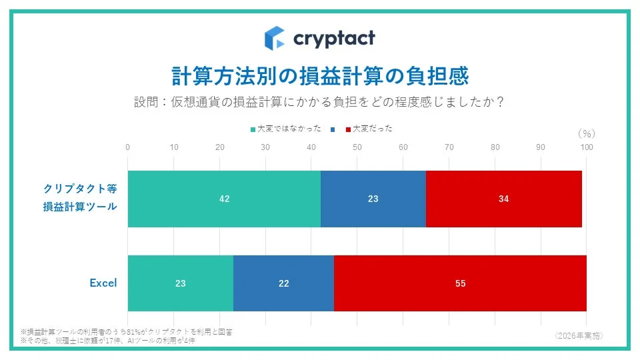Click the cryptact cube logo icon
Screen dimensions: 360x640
click(274, 38)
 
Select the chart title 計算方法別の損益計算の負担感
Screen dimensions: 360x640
click(320, 76)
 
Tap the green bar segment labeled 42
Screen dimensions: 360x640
click(224, 199)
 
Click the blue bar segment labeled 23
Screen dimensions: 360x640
click(373, 199)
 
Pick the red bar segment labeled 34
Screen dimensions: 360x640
click(503, 199)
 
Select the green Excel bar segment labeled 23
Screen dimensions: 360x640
click(180, 283)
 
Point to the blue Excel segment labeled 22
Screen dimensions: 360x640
click(283, 283)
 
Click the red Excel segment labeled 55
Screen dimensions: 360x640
click(460, 283)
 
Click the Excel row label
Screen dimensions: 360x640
click(103, 283)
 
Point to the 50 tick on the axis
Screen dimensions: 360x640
click(357, 147)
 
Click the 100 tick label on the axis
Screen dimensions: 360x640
click(586, 147)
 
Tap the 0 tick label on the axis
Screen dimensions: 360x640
click(127, 147)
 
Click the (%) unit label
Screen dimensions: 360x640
click(586, 133)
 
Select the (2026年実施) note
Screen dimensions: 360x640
click(578, 335)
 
